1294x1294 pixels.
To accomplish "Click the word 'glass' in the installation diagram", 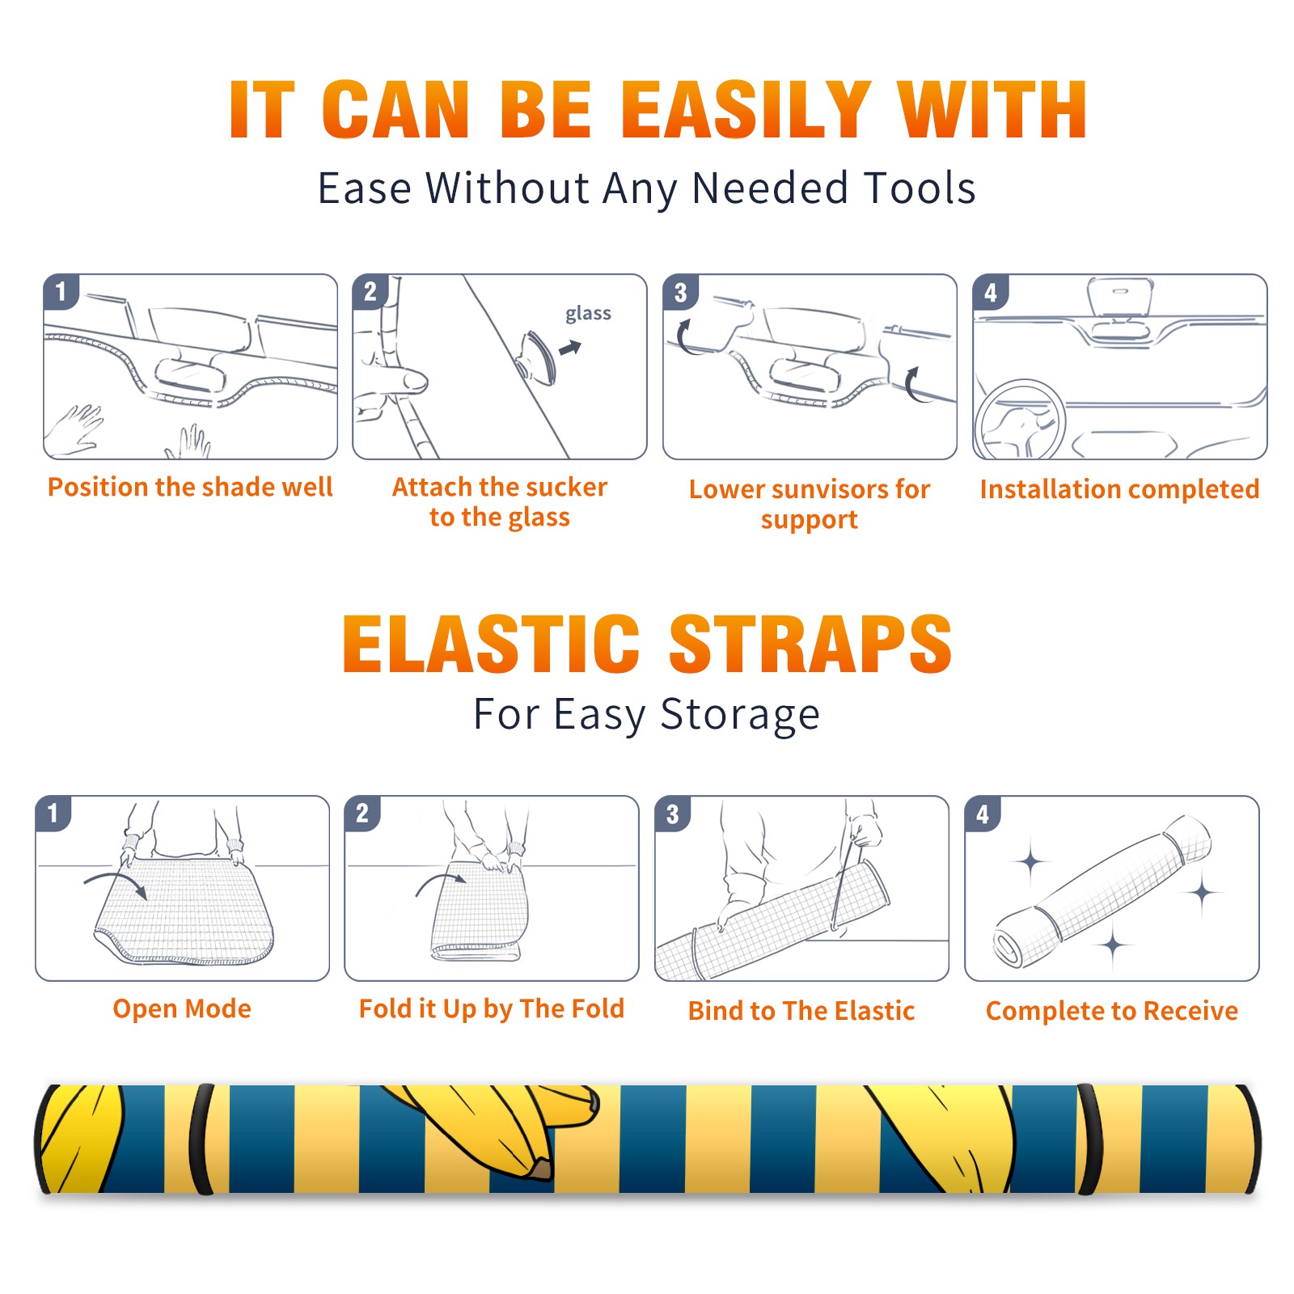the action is pyautogui.click(x=588, y=314).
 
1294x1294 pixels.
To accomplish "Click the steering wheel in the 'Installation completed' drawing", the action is pyautogui.click(x=1020, y=420).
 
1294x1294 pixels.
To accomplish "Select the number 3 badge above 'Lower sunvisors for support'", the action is pyautogui.click(x=680, y=292).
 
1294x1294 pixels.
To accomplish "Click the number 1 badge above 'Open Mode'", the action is pyautogui.click(x=53, y=813).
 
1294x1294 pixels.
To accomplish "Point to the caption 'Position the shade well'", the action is pyautogui.click(x=190, y=487).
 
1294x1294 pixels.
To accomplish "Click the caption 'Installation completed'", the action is pyautogui.click(x=1119, y=489).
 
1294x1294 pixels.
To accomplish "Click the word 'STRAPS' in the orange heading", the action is pyautogui.click(x=810, y=644).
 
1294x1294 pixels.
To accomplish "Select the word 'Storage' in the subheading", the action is pyautogui.click(x=740, y=715).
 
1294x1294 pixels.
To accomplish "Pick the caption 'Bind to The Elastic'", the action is pyautogui.click(x=801, y=1011).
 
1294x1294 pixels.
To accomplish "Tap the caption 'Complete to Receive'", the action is pyautogui.click(x=1112, y=1011).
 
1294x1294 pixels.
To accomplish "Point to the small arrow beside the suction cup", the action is pyautogui.click(x=570, y=348).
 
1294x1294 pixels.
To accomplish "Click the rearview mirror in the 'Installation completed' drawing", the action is pyautogui.click(x=1120, y=297).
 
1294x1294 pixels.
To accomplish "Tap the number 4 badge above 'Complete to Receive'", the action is pyautogui.click(x=983, y=813).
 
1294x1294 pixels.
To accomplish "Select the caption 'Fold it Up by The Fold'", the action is pyautogui.click(x=492, y=1009).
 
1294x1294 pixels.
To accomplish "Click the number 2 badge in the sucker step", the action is pyautogui.click(x=370, y=292).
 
